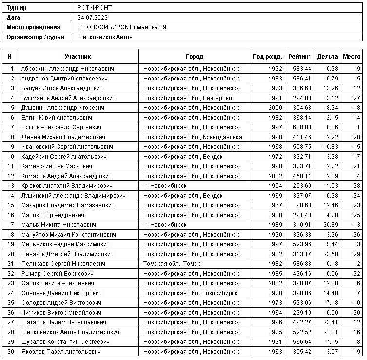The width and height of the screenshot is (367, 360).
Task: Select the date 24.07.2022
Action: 93,18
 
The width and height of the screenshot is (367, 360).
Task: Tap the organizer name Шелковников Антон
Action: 105,37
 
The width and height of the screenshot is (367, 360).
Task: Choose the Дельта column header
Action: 327,57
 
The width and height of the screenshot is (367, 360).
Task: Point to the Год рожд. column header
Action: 267,57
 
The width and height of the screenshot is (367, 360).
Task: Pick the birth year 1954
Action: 275,185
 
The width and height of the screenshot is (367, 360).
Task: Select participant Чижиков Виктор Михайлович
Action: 61,312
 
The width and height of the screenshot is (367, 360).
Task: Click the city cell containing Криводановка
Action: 193,137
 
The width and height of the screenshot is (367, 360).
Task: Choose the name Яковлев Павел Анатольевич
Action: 61,351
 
